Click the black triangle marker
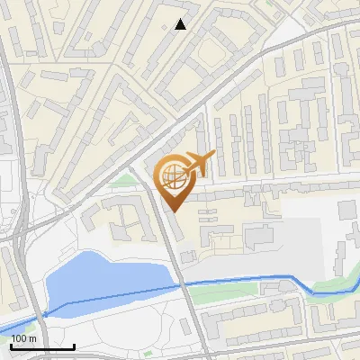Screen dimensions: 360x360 tap(181, 24)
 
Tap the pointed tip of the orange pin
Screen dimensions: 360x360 tap(174, 210)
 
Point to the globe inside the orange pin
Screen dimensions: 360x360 tap(173, 174)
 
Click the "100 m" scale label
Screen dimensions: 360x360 tap(23, 338)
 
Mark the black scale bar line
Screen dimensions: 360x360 tap(42, 346)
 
